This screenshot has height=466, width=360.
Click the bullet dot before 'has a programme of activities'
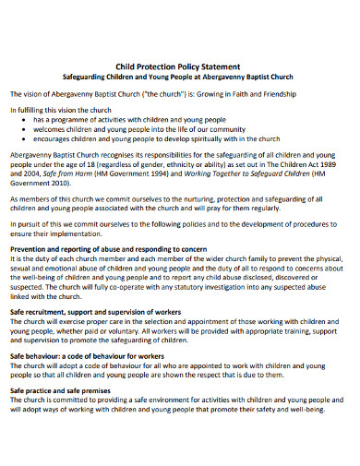[x=22, y=120]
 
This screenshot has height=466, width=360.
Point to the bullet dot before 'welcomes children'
[x=22, y=129]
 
